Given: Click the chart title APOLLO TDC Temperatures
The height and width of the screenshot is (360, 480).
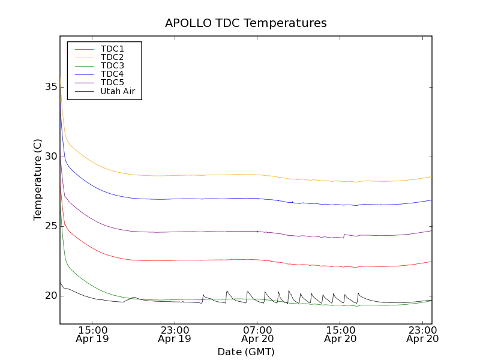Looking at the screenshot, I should click(246, 23).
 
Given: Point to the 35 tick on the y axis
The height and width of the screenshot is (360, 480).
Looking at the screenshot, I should click(50, 87).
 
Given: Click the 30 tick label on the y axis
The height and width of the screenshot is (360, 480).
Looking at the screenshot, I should click(50, 157).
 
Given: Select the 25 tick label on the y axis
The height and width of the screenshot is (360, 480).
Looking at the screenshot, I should click(50, 226).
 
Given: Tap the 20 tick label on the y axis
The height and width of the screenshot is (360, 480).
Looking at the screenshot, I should click(50, 296).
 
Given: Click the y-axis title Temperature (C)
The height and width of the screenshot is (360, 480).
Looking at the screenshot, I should click(38, 179).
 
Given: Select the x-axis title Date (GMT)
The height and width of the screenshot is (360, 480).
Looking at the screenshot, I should click(246, 352).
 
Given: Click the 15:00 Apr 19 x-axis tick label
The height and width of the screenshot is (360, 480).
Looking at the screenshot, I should click(92, 334).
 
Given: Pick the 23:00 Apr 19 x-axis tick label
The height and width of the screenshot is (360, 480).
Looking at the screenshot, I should click(175, 334).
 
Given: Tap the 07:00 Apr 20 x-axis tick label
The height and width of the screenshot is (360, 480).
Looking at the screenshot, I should click(257, 334).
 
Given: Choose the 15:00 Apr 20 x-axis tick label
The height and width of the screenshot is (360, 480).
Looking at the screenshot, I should click(340, 334).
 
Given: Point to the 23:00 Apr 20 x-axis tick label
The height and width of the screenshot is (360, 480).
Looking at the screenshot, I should click(423, 334).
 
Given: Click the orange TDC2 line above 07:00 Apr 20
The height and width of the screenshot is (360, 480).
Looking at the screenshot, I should click(257, 175).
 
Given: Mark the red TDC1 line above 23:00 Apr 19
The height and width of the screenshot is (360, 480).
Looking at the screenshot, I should click(175, 260).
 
